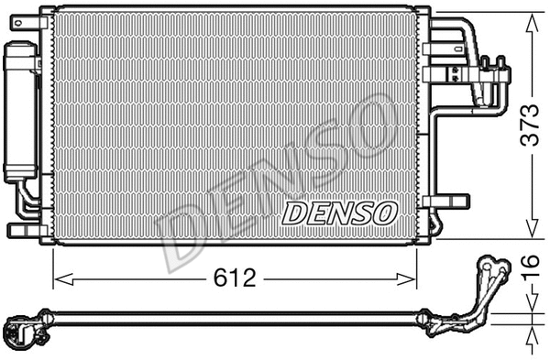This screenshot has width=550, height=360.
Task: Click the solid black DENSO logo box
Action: (338, 213)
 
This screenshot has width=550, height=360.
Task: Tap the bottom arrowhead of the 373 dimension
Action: (531, 235)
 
